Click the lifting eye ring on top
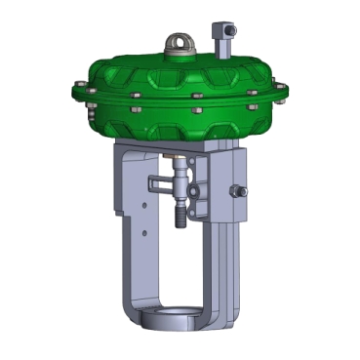coord(180,42)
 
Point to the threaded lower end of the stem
coord(180,214)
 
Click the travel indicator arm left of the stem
coord(160,181)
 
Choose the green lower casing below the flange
coord(180,122)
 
